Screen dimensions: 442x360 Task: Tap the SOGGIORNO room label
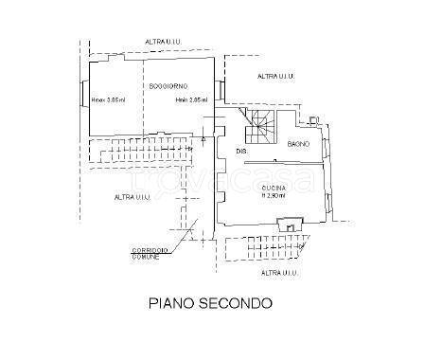coord(167,87)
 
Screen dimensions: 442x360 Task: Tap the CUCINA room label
coord(275,189)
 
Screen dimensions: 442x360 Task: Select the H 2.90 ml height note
coord(275,197)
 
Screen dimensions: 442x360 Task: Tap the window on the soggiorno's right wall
coord(221,91)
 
